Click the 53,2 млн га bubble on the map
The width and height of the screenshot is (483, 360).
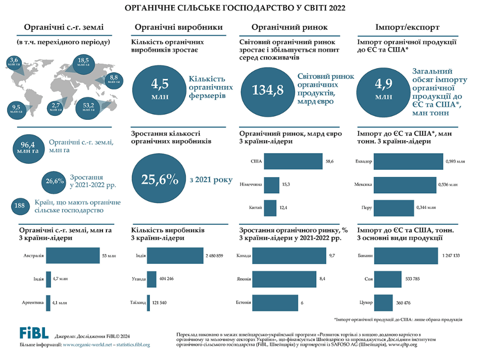pos(89,107)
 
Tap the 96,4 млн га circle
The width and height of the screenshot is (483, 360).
pos(29,147)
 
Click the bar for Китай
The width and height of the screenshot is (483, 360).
pos(270,207)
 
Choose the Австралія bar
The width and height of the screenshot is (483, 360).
pos(73,257)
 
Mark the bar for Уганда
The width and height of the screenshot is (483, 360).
pos(151,279)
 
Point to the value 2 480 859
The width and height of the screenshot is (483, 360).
pos(214,256)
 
